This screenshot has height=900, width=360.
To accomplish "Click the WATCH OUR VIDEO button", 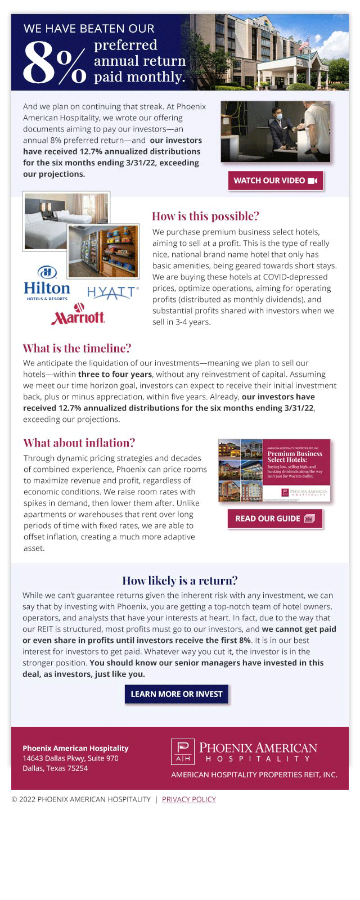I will click(x=275, y=181).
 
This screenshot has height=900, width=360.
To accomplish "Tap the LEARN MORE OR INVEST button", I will click(x=177, y=694).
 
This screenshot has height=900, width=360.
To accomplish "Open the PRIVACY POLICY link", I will click(x=188, y=799).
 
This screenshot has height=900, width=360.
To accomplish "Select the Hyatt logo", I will click(x=112, y=292).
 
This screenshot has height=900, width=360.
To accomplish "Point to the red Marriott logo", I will click(x=78, y=315).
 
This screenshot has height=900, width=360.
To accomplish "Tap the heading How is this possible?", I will click(x=205, y=216).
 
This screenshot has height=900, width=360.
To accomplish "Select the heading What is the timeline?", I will click(x=76, y=348).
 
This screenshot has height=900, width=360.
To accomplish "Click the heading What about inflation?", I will click(x=79, y=443).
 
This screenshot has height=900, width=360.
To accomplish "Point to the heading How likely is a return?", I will click(x=180, y=580).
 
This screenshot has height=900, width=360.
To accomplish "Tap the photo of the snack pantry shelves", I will click(x=103, y=251).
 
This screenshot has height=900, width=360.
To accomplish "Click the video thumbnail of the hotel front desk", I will click(x=275, y=132).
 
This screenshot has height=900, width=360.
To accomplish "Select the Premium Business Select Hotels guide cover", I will click(x=274, y=470).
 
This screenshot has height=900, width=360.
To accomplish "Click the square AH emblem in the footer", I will click(x=183, y=751).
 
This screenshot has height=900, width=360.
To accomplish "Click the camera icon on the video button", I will click(x=313, y=181).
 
